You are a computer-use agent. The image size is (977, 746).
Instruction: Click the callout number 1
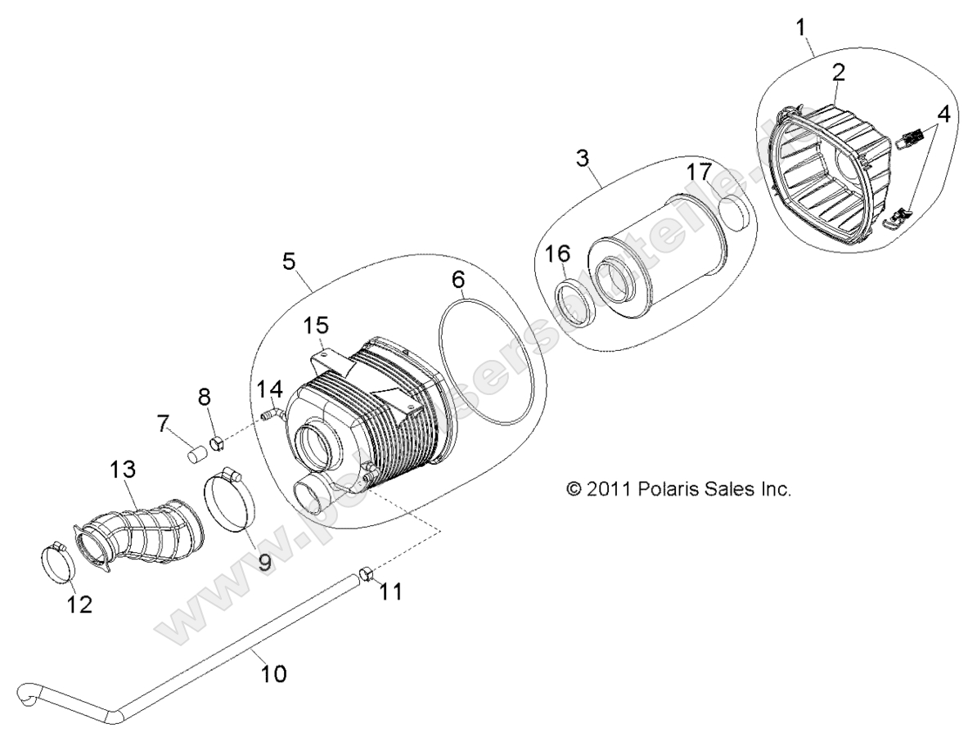click(x=801, y=26)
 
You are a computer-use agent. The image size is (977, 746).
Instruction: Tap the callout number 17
click(x=699, y=173)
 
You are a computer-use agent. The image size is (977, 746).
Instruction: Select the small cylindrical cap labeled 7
click(x=195, y=454)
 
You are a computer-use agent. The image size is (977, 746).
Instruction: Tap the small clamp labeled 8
click(x=218, y=445)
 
